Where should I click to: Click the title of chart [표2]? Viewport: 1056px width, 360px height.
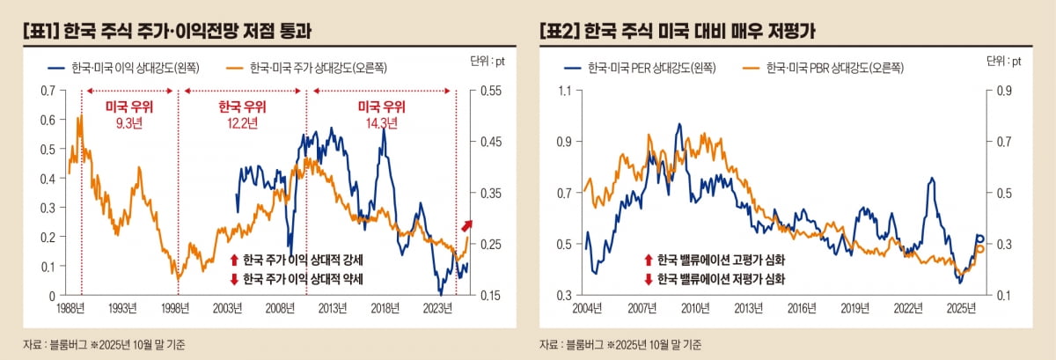pos(678,31)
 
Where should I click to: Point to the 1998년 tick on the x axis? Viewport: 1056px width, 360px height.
pos(177,309)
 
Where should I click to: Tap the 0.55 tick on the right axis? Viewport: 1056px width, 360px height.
pos(488,91)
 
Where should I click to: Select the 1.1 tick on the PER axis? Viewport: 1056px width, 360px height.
pos(564,91)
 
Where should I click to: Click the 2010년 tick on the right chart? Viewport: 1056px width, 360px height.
pos(695,309)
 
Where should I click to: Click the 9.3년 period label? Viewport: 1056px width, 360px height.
pos(129,123)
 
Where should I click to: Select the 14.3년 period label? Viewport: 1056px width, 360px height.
pos(381,123)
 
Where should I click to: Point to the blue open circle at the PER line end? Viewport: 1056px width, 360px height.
pos(979,239)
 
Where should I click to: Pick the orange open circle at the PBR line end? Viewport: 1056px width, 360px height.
pos(980,248)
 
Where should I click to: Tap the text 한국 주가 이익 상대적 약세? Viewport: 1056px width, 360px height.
pos(303,278)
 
